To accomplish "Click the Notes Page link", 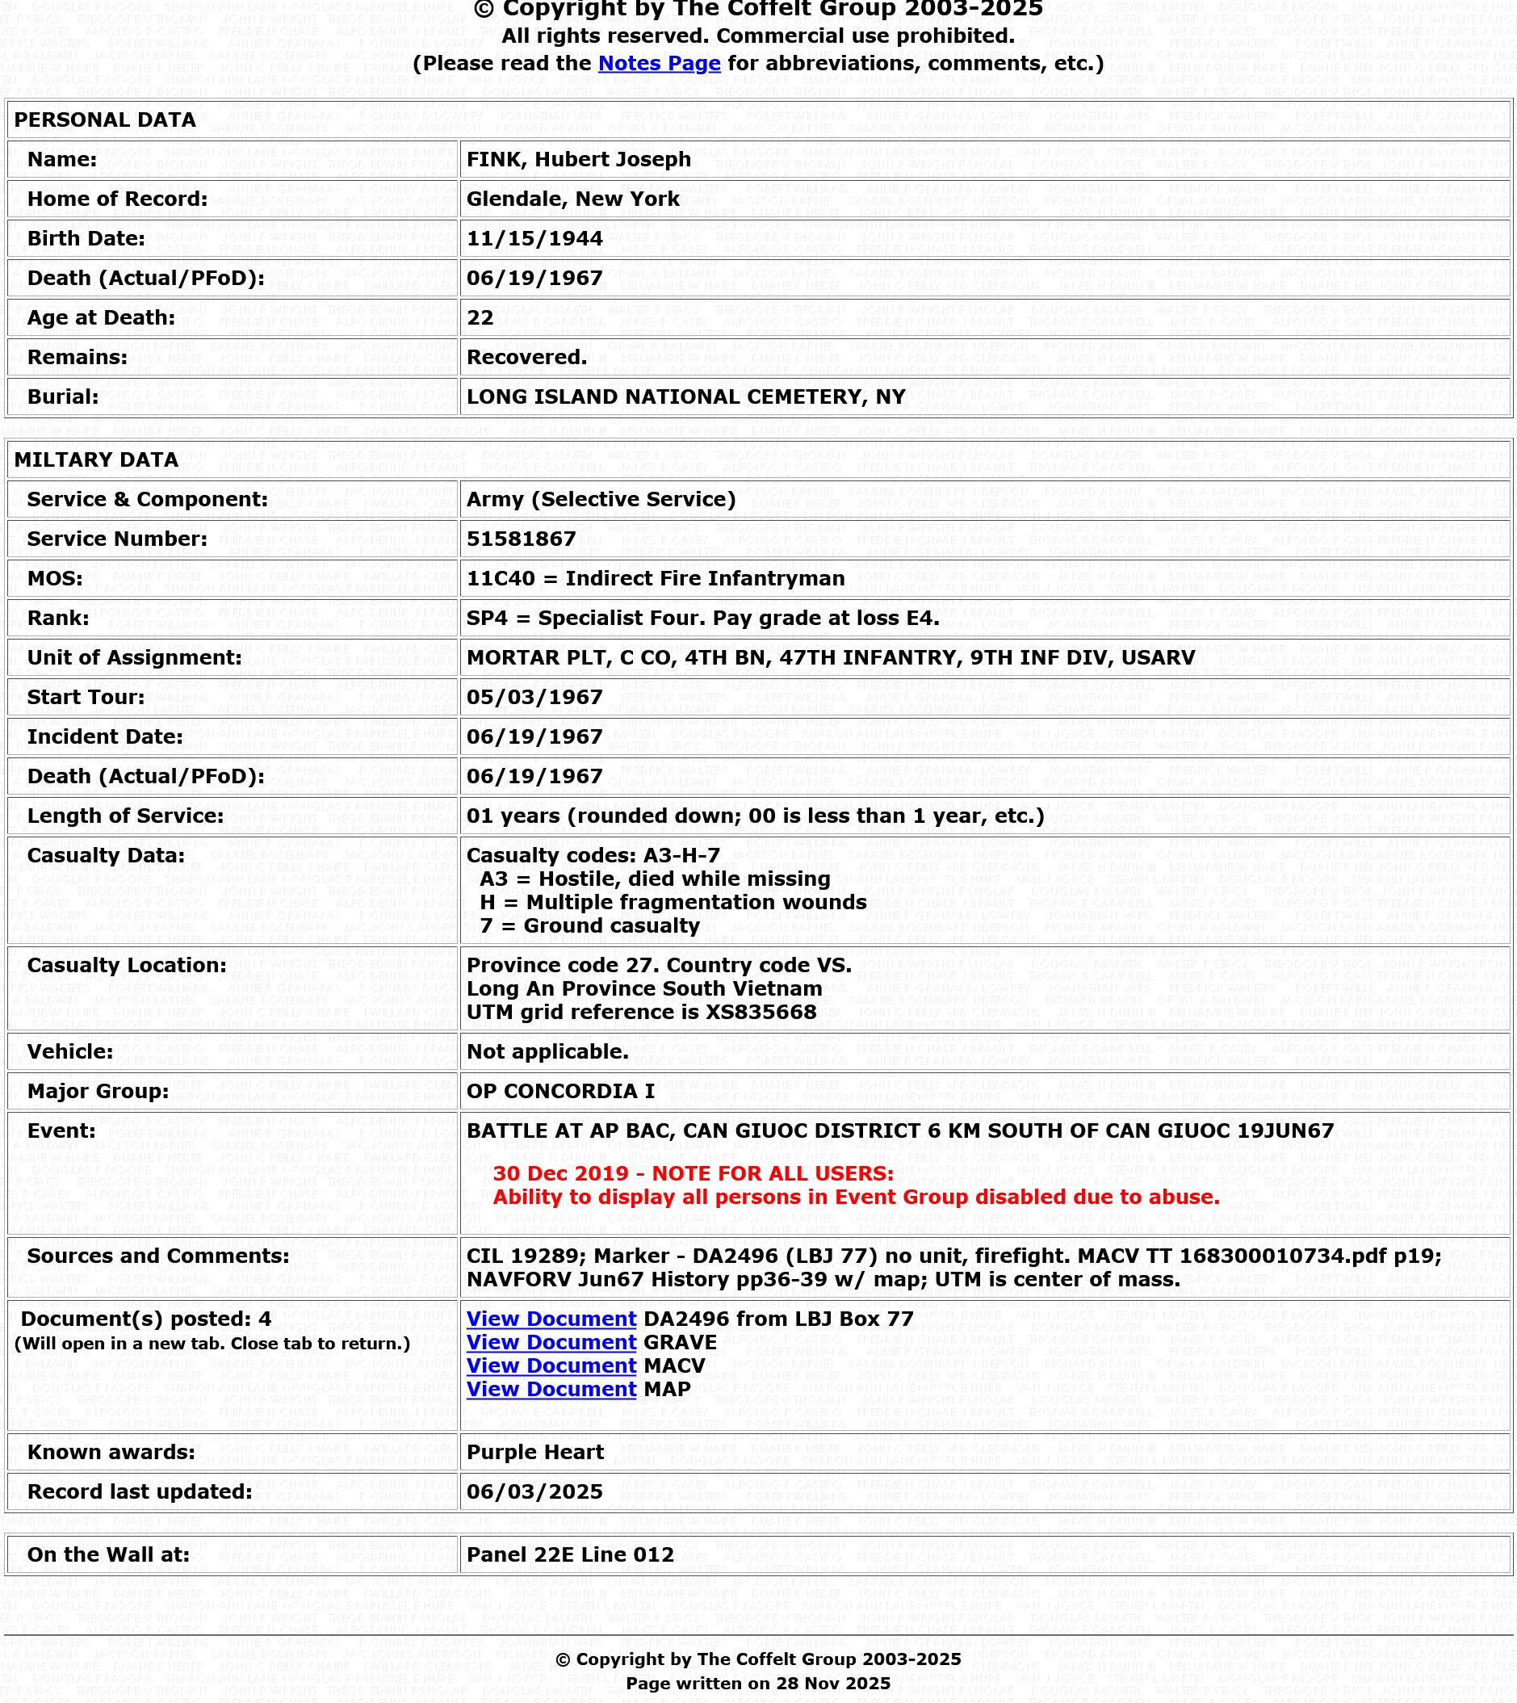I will (659, 63).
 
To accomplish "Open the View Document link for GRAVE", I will (551, 1342).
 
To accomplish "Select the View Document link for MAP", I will (551, 1389).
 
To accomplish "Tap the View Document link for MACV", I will (551, 1365).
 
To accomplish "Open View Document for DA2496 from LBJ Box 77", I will (551, 1319).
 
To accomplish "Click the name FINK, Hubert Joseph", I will (578, 159).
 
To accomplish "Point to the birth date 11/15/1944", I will (534, 238).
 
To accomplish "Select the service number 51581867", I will (521, 539).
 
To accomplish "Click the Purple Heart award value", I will (535, 1452).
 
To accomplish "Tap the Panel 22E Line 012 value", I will (570, 1554).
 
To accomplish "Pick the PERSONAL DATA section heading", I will (105, 120).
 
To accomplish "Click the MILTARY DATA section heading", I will (96, 460).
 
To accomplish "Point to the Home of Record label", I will (118, 199).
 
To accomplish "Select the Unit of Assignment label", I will (134, 657).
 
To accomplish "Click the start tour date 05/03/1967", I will (534, 697).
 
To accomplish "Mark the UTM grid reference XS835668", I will (641, 1012).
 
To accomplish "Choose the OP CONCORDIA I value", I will (560, 1091).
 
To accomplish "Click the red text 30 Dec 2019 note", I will (693, 1173).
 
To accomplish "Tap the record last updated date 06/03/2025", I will (534, 1491).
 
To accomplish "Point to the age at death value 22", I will (480, 317).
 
